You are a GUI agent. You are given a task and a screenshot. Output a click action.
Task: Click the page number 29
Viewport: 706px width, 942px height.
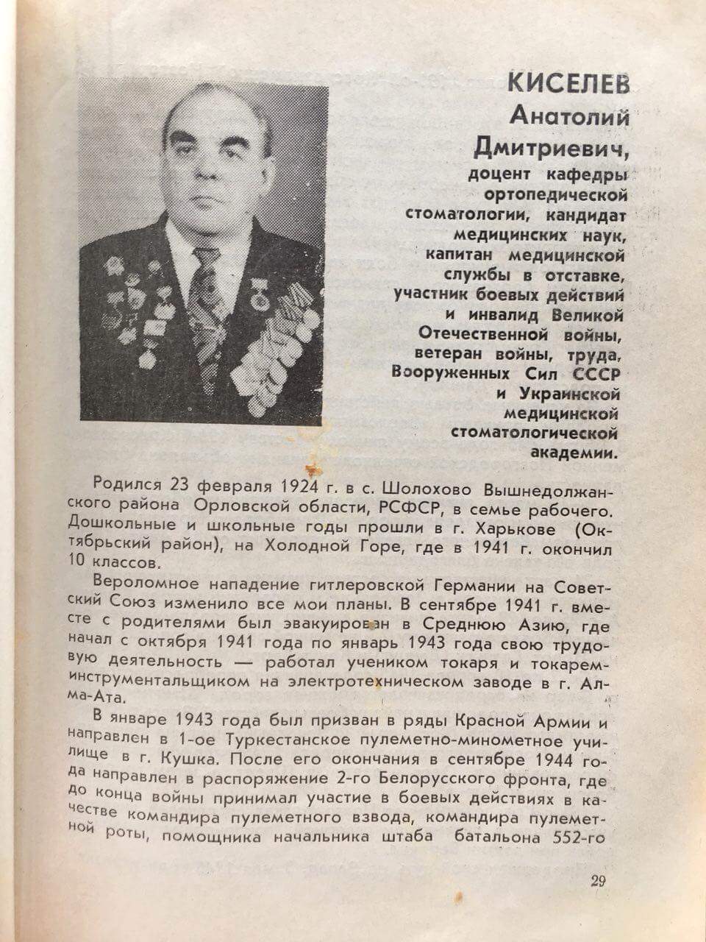597,882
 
